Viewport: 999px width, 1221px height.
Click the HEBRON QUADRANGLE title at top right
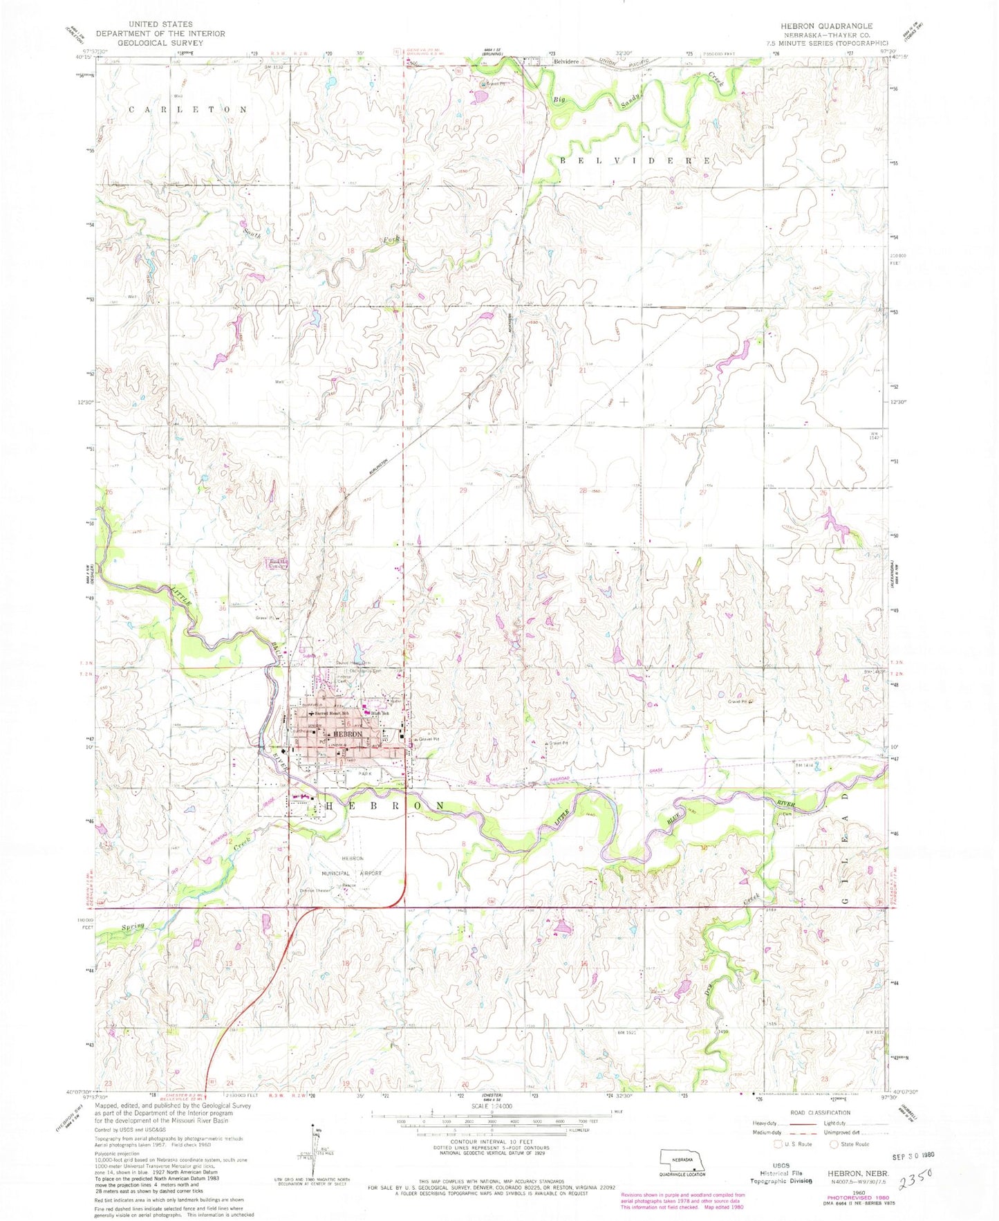(818, 25)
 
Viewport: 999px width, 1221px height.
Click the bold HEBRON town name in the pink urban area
(347, 734)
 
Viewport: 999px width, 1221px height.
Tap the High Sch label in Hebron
(380, 713)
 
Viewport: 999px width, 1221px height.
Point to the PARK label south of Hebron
(364, 774)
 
